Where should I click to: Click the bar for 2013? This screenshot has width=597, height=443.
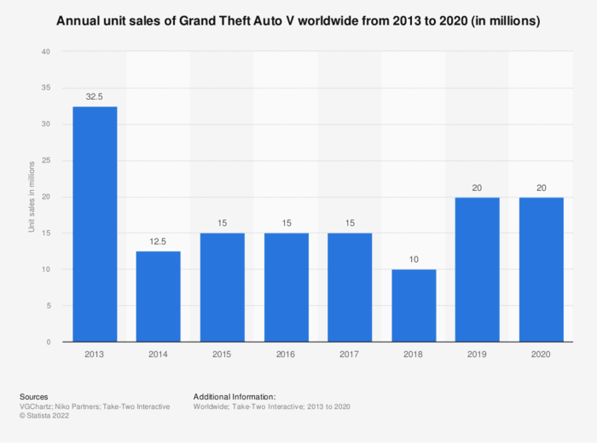click(x=95, y=224)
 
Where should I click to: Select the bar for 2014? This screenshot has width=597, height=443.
click(x=159, y=296)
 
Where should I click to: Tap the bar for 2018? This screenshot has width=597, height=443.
click(x=414, y=306)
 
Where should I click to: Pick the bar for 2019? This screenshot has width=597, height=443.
click(x=478, y=269)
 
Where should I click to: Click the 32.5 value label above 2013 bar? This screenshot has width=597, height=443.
click(x=95, y=97)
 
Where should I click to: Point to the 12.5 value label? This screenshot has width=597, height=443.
click(x=159, y=242)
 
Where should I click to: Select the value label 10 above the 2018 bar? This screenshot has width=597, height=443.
click(x=414, y=260)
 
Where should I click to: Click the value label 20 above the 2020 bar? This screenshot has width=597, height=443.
click(x=541, y=187)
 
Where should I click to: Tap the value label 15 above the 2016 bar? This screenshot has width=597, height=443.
click(x=286, y=224)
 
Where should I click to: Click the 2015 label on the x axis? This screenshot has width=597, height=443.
click(x=223, y=354)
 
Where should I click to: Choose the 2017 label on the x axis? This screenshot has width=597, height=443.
click(x=350, y=354)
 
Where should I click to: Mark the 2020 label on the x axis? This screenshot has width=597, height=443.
click(x=541, y=354)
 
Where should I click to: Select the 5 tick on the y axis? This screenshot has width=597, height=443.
click(x=48, y=306)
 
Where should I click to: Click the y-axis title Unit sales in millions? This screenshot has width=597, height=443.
click(x=32, y=197)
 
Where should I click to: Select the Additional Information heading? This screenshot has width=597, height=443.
click(x=235, y=397)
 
